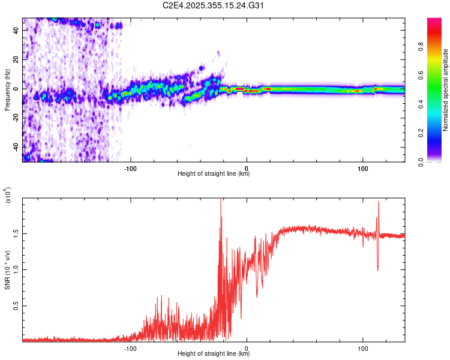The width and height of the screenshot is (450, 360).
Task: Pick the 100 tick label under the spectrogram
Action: tap(362, 167)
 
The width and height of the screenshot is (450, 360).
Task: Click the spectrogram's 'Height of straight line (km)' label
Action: tap(214, 174)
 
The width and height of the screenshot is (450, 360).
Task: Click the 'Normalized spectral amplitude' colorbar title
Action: tap(446, 90)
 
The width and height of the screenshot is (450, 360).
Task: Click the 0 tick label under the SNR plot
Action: tap(247, 347)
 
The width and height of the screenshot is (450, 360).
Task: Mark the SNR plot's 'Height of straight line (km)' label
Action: tap(214, 354)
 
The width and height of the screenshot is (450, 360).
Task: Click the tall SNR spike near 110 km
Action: tap(379, 204)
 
